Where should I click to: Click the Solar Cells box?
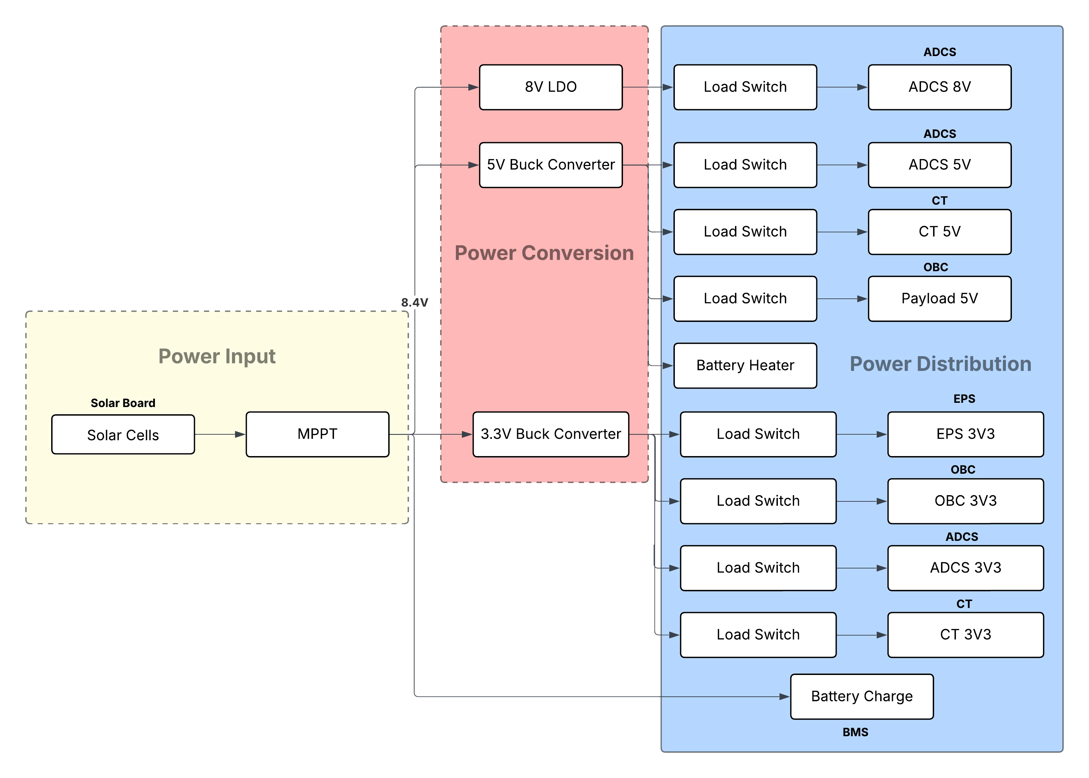point(123,435)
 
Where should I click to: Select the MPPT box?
point(317,434)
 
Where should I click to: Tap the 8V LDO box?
point(550,87)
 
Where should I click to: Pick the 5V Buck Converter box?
point(550,165)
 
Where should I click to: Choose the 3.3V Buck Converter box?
point(550,434)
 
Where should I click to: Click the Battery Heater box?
point(745,365)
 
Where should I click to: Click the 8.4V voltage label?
point(414,303)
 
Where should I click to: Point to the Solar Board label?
point(123,403)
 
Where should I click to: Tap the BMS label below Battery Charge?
point(855,732)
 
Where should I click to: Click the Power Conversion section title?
point(544,253)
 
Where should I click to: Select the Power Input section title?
point(217,356)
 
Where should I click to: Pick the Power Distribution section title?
point(940,364)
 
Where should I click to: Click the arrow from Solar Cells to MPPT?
point(220,435)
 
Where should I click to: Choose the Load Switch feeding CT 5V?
point(745,232)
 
